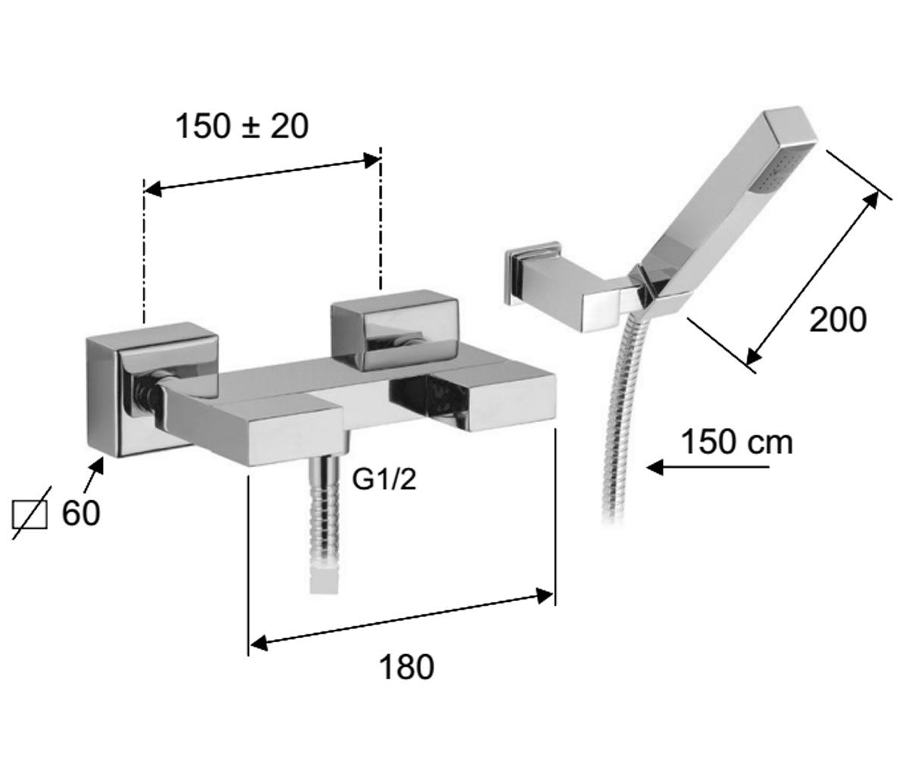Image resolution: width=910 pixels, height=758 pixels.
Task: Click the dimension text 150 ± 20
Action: tap(242, 127)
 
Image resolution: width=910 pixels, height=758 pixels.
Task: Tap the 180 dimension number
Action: tap(406, 666)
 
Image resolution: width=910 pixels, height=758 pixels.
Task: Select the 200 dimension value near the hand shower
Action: tap(838, 320)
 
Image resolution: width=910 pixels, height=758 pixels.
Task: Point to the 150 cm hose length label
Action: tap(736, 442)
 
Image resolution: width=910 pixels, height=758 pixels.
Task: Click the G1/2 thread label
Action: tap(384, 479)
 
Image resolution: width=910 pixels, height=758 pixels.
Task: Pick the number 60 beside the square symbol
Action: tap(81, 513)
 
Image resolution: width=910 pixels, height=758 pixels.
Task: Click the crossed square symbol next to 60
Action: tap(30, 514)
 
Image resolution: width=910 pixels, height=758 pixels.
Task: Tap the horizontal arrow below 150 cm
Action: tap(708, 468)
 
